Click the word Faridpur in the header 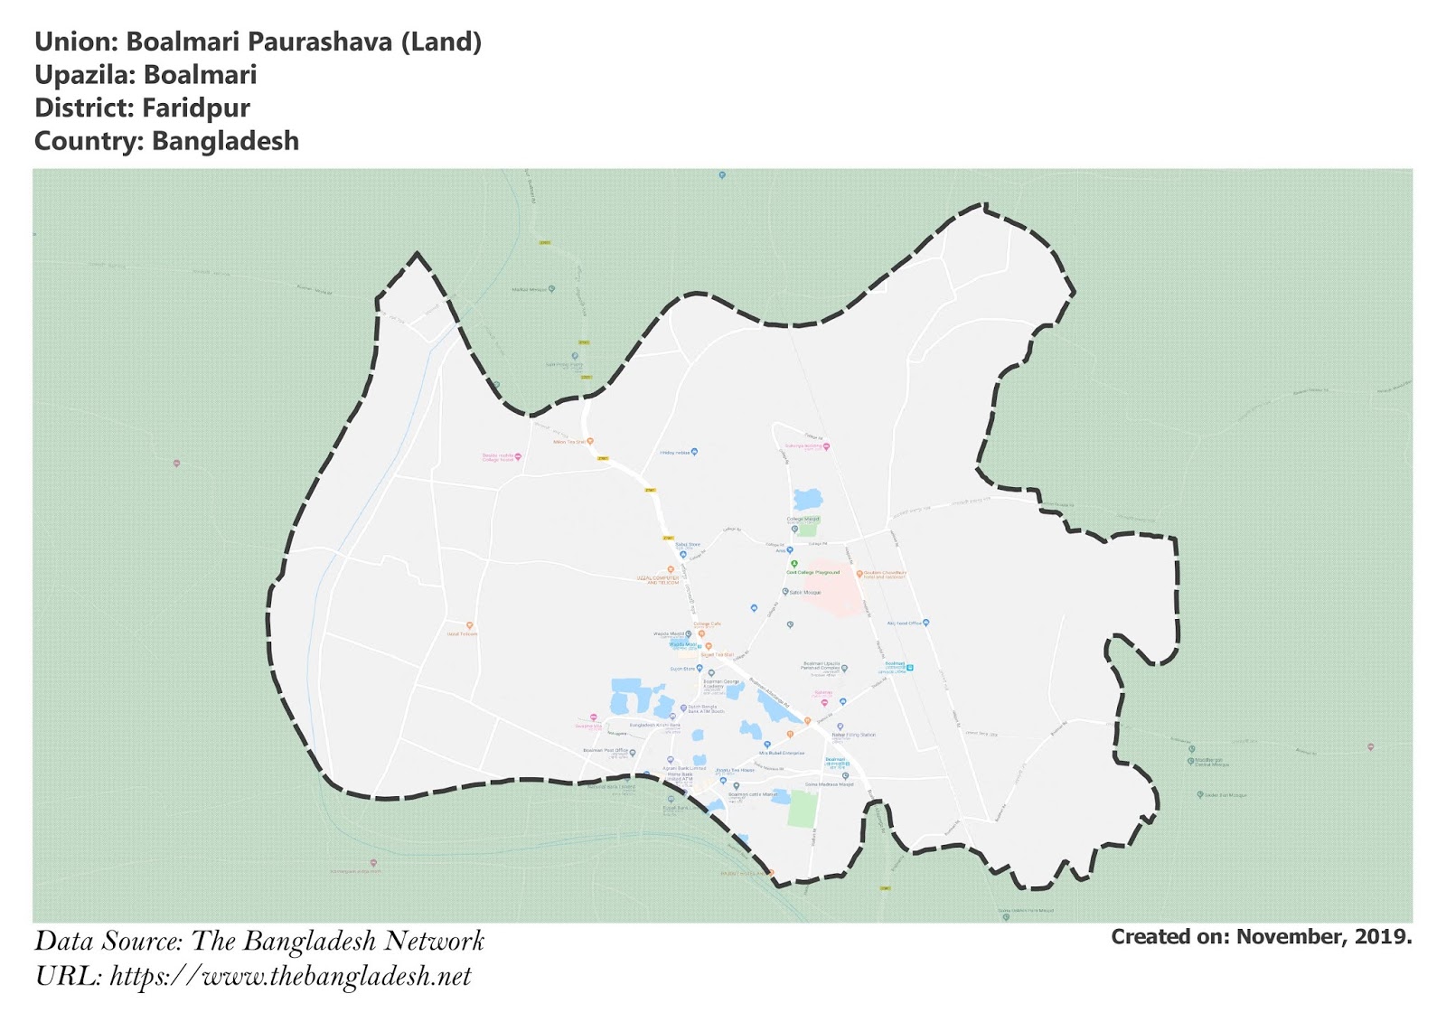point(196,108)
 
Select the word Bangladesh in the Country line point(225,142)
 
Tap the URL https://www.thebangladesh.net point(290,977)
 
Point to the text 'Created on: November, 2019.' point(1261,937)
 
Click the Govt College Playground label point(813,572)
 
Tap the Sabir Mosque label point(804,592)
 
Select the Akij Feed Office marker point(925,623)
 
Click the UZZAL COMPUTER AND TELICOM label point(662,580)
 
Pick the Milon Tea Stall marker point(590,441)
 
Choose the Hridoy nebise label point(675,452)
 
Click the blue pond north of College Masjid point(807,499)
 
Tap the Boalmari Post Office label point(606,750)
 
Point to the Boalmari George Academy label point(722,683)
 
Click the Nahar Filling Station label point(854,735)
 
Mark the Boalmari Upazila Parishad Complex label point(821,667)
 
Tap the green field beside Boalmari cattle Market point(802,808)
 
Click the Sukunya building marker point(826,446)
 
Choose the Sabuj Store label point(688,545)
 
